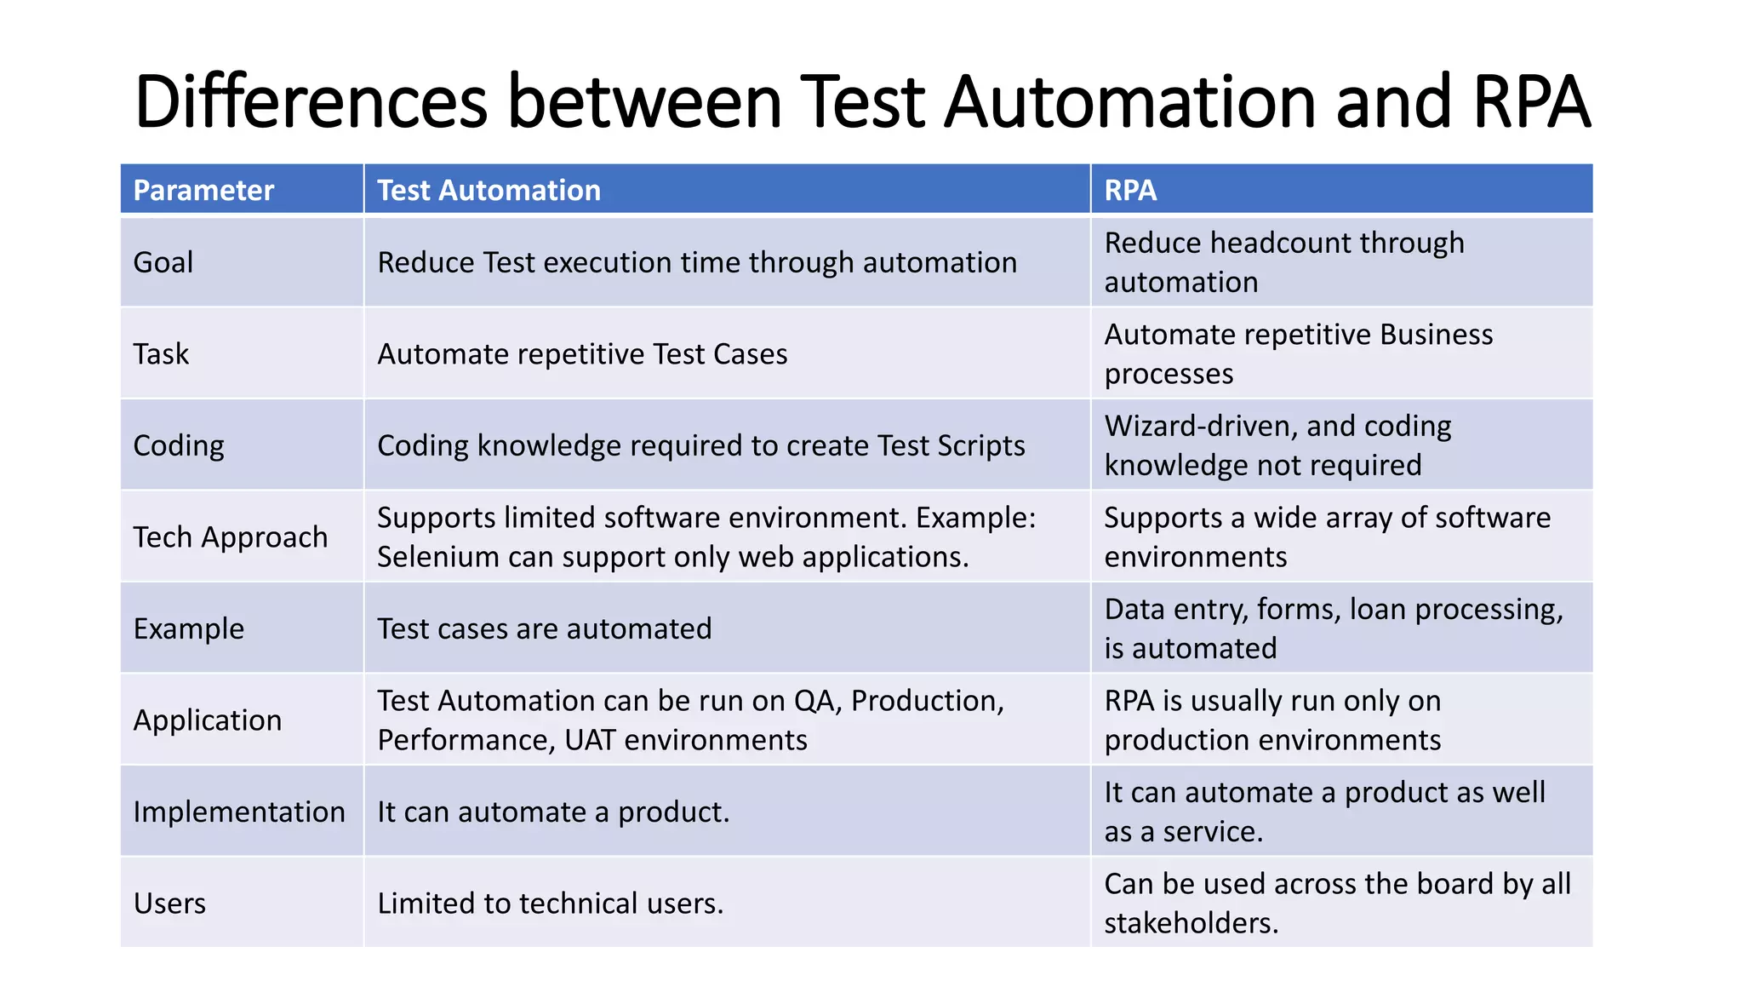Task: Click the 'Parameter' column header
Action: click(203, 190)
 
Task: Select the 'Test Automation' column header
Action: click(489, 190)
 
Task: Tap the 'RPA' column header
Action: click(1129, 190)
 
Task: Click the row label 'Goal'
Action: click(163, 262)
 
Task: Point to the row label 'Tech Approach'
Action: click(230, 537)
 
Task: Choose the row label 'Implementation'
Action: click(239, 812)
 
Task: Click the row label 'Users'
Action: click(169, 904)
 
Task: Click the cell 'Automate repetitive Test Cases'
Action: click(582, 354)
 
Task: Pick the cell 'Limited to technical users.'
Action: click(550, 904)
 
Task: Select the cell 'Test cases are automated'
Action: click(544, 629)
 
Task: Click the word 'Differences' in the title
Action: click(311, 102)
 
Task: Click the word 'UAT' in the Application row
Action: click(590, 740)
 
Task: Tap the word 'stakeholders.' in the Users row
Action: click(1191, 923)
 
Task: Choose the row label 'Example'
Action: click(188, 629)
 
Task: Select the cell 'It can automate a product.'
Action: click(553, 812)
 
